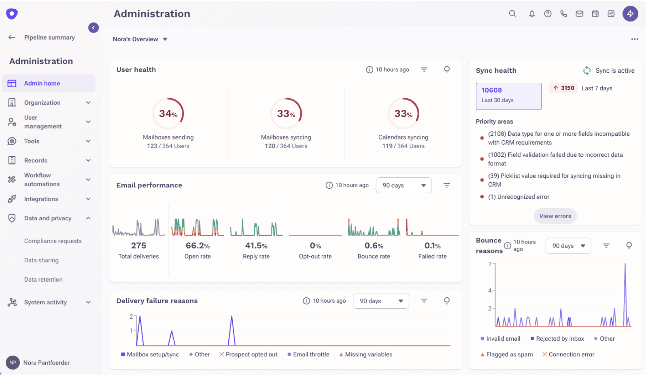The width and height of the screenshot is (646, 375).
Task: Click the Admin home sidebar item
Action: [42, 83]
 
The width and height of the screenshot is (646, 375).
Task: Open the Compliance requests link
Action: [53, 241]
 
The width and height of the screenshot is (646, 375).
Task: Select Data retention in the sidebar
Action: [43, 280]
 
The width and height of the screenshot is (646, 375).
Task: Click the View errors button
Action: [555, 216]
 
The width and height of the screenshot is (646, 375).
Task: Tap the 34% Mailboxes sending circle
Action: [168, 114]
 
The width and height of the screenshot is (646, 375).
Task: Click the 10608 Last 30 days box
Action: [508, 96]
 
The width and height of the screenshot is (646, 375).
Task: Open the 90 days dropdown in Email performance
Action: [403, 185]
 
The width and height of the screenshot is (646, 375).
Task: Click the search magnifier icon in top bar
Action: [512, 14]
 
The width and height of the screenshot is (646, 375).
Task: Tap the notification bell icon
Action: [531, 14]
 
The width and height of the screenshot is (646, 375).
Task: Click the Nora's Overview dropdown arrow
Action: [165, 39]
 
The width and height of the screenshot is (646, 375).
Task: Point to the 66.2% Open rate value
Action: [198, 246]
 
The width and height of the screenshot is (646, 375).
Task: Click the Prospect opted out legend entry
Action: [248, 354]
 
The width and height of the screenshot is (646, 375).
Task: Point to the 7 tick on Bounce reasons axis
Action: [490, 264]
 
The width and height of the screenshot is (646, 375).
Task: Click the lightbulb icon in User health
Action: [446, 70]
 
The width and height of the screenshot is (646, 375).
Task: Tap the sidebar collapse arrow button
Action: [93, 27]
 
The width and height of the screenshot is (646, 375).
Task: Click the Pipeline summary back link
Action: [49, 38]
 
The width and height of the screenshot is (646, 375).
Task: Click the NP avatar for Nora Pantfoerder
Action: [13, 362]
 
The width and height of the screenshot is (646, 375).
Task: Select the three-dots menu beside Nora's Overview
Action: [634, 39]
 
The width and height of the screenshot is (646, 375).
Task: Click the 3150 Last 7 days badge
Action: [563, 88]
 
